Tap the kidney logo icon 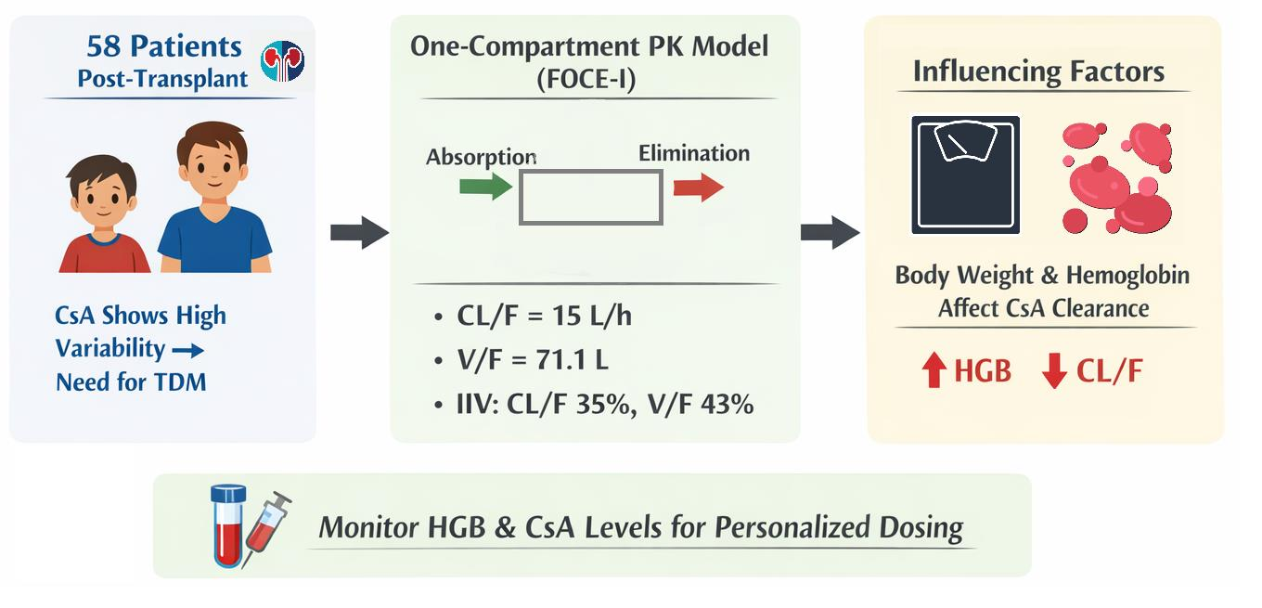[x=282, y=60]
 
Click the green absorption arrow [x=485, y=188]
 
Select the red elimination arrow [x=698, y=188]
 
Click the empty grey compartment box [x=590, y=198]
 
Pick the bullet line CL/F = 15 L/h [x=546, y=317]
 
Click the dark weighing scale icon [x=965, y=175]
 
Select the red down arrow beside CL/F [x=1053, y=372]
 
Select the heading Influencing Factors [x=1038, y=71]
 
